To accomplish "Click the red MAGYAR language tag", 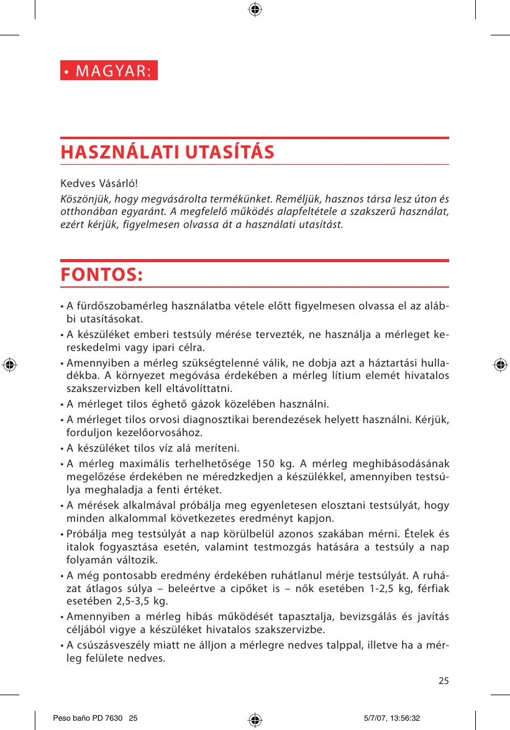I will (x=109, y=70).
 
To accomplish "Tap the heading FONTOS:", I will (x=101, y=274).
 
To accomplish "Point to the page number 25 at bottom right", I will (x=444, y=680).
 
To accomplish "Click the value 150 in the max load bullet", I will (x=265, y=464).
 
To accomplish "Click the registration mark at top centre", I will (x=255, y=9).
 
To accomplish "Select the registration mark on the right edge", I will (x=500, y=365).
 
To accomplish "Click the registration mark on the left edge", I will (x=9, y=365).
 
